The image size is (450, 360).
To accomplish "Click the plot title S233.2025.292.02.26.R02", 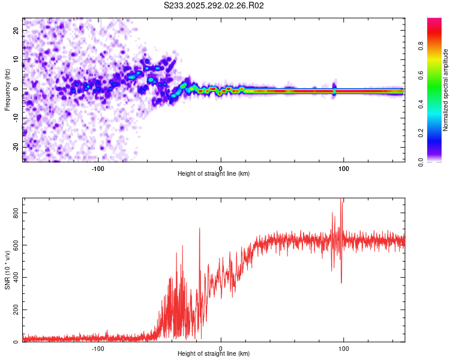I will coord(214,6).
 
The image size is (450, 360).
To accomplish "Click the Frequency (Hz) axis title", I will coord(7,89).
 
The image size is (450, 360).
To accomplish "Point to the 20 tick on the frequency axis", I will coord(16,30).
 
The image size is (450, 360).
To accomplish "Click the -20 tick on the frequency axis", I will coord(16,147).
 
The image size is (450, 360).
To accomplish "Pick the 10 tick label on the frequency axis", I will coord(16,59).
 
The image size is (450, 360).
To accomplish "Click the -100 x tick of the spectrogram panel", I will coord(98,168).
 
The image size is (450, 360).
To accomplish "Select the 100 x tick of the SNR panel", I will coord(344,348).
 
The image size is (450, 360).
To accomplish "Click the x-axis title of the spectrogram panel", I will coord(214,174).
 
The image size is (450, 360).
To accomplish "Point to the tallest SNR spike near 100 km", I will coord(342,200).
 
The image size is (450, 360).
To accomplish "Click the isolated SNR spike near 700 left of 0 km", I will coord(200,229).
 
